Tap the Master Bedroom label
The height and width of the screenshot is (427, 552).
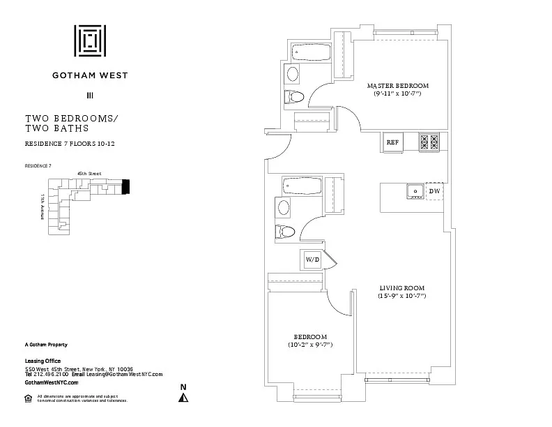coord(398,85)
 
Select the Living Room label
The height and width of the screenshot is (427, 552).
coord(402,287)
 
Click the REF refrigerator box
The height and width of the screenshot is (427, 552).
coord(392,142)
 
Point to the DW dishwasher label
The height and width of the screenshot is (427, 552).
coord(434,190)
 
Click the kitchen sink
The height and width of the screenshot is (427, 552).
coord(415,190)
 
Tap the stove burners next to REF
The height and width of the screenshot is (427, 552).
coord(429,142)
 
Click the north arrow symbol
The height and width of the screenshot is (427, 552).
coord(184,398)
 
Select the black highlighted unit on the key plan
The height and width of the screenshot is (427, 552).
coord(125,187)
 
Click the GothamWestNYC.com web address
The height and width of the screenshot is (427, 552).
coord(52,383)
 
